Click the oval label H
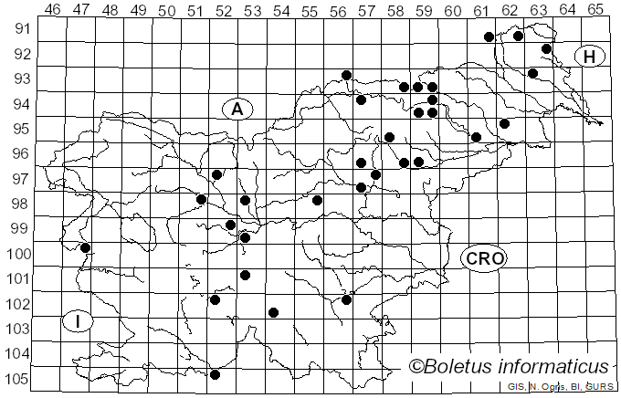pos(590,57)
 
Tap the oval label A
pos(237,109)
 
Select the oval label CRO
pos(484,258)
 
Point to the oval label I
pos(79,321)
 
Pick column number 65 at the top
pos(595,10)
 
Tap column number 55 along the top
pos(310,10)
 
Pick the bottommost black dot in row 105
pos(215,374)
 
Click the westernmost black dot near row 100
pos(85,247)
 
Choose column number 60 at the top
pos(453,10)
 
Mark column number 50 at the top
pos(167,10)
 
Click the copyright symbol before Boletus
pos(417,367)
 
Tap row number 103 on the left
pos(17,329)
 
